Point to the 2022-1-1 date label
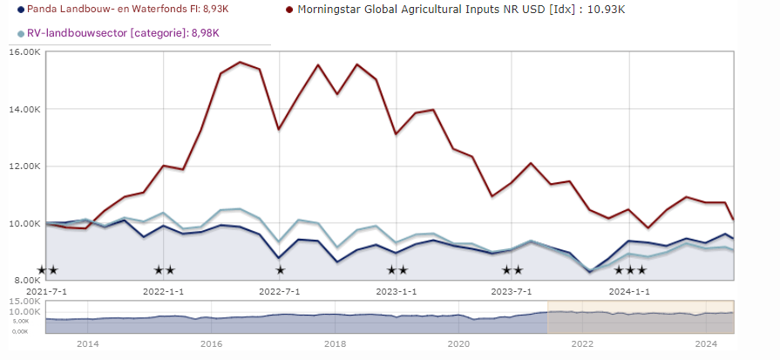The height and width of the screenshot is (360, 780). coord(162,290)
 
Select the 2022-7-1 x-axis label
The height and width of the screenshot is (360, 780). coord(280,290)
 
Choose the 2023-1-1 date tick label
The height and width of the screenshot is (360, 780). coord(396,290)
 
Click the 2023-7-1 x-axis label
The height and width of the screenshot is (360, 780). coord(512,290)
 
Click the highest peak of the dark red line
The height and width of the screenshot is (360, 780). coord(240,62)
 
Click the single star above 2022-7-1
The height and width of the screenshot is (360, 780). coord(280,270)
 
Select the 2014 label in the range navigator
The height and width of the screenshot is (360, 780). coord(87,344)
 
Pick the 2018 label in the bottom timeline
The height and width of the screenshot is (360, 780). coord(335,344)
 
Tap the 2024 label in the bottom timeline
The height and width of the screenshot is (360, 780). coord(706,344)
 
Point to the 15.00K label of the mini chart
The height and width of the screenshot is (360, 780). coord(24,302)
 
